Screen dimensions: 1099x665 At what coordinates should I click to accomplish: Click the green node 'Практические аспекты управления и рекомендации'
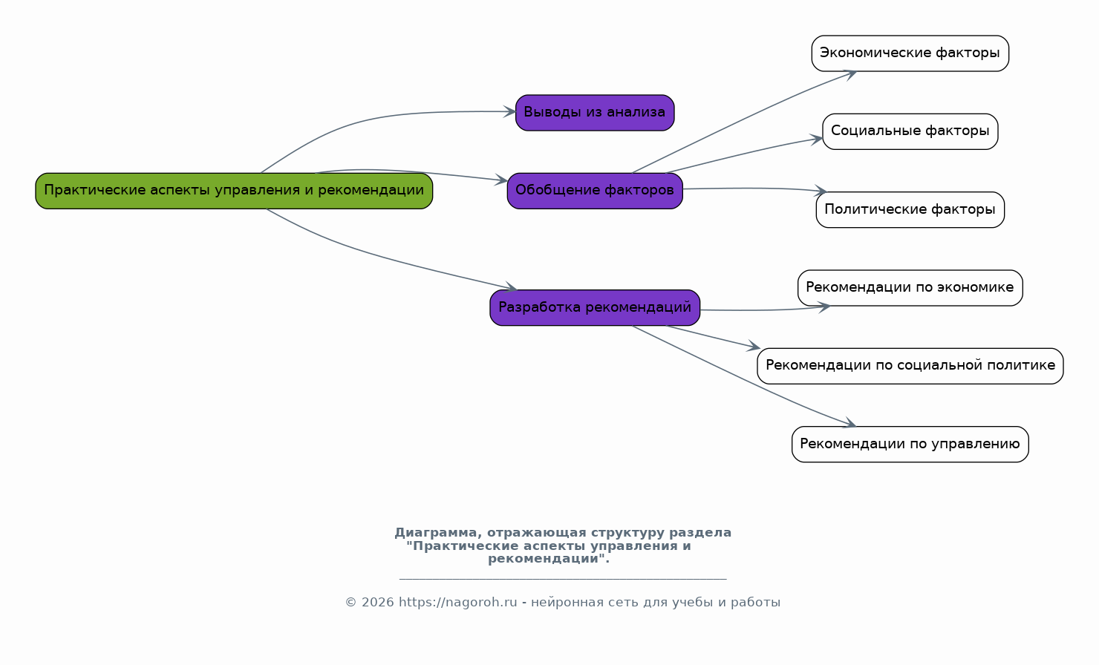(x=234, y=191)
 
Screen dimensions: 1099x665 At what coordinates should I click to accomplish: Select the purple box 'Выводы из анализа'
(x=595, y=113)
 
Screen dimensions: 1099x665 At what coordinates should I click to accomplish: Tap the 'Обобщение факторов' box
(x=595, y=191)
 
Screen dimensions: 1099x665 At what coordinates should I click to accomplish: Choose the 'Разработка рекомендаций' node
(x=595, y=307)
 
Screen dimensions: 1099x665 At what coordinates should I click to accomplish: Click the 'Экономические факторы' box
(x=910, y=53)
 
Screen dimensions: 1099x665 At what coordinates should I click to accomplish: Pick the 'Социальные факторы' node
(x=910, y=131)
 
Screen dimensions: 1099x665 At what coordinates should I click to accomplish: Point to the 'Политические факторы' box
(x=910, y=209)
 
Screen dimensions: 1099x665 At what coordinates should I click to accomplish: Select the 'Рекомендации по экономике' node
(x=910, y=288)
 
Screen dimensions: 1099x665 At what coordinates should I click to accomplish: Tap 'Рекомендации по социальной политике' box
(x=910, y=366)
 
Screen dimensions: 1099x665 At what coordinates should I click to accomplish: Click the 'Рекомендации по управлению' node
(x=910, y=444)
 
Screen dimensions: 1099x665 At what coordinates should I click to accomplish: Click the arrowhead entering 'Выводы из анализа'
(x=509, y=112)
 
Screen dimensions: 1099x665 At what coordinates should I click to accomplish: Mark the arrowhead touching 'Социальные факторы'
(x=816, y=140)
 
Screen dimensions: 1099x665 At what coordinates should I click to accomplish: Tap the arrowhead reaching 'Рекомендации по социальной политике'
(x=754, y=346)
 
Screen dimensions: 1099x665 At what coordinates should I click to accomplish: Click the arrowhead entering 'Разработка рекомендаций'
(x=510, y=287)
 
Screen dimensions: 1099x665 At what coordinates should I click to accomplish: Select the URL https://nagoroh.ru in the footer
(x=457, y=602)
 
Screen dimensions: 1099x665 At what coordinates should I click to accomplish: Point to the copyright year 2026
(x=378, y=602)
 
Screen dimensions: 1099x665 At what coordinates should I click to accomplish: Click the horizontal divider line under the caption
(x=563, y=579)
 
